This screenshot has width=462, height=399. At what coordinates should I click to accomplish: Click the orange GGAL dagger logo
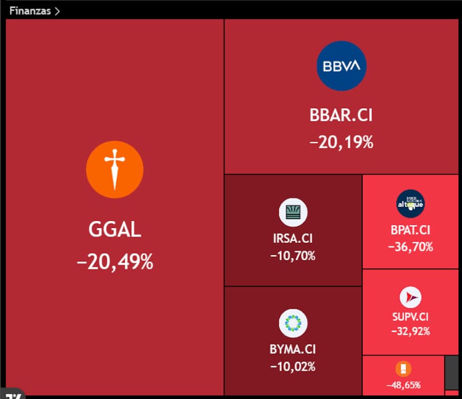point(114,169)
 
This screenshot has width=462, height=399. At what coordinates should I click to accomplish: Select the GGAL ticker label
point(115,230)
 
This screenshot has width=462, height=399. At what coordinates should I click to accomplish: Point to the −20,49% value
point(115,261)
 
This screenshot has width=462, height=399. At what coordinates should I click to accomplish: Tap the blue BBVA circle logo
point(341,66)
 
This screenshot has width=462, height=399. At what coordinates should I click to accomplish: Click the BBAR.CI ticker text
point(341,115)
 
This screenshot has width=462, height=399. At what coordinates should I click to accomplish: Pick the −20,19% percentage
point(341,142)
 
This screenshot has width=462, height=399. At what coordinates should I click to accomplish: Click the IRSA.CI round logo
point(293,212)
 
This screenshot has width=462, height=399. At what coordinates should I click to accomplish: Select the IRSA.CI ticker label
point(293,238)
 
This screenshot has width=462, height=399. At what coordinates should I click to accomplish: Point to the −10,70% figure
point(293,256)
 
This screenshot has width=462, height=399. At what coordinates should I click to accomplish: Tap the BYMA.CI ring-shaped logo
point(293,323)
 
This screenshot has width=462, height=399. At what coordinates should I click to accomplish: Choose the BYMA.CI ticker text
point(293,349)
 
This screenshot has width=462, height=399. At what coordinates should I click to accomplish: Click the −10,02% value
point(293,367)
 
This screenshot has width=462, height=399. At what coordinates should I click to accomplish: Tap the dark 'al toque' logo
point(411,204)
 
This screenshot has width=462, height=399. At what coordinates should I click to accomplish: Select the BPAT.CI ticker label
point(411,230)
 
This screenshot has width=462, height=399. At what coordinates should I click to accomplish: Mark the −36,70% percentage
point(411,247)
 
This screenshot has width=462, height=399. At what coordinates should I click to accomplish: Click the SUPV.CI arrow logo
point(411,297)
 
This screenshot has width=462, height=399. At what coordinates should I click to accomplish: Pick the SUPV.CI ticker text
point(411,317)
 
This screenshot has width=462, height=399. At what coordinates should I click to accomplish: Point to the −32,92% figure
point(411,331)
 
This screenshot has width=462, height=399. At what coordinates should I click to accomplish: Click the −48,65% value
point(403,385)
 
